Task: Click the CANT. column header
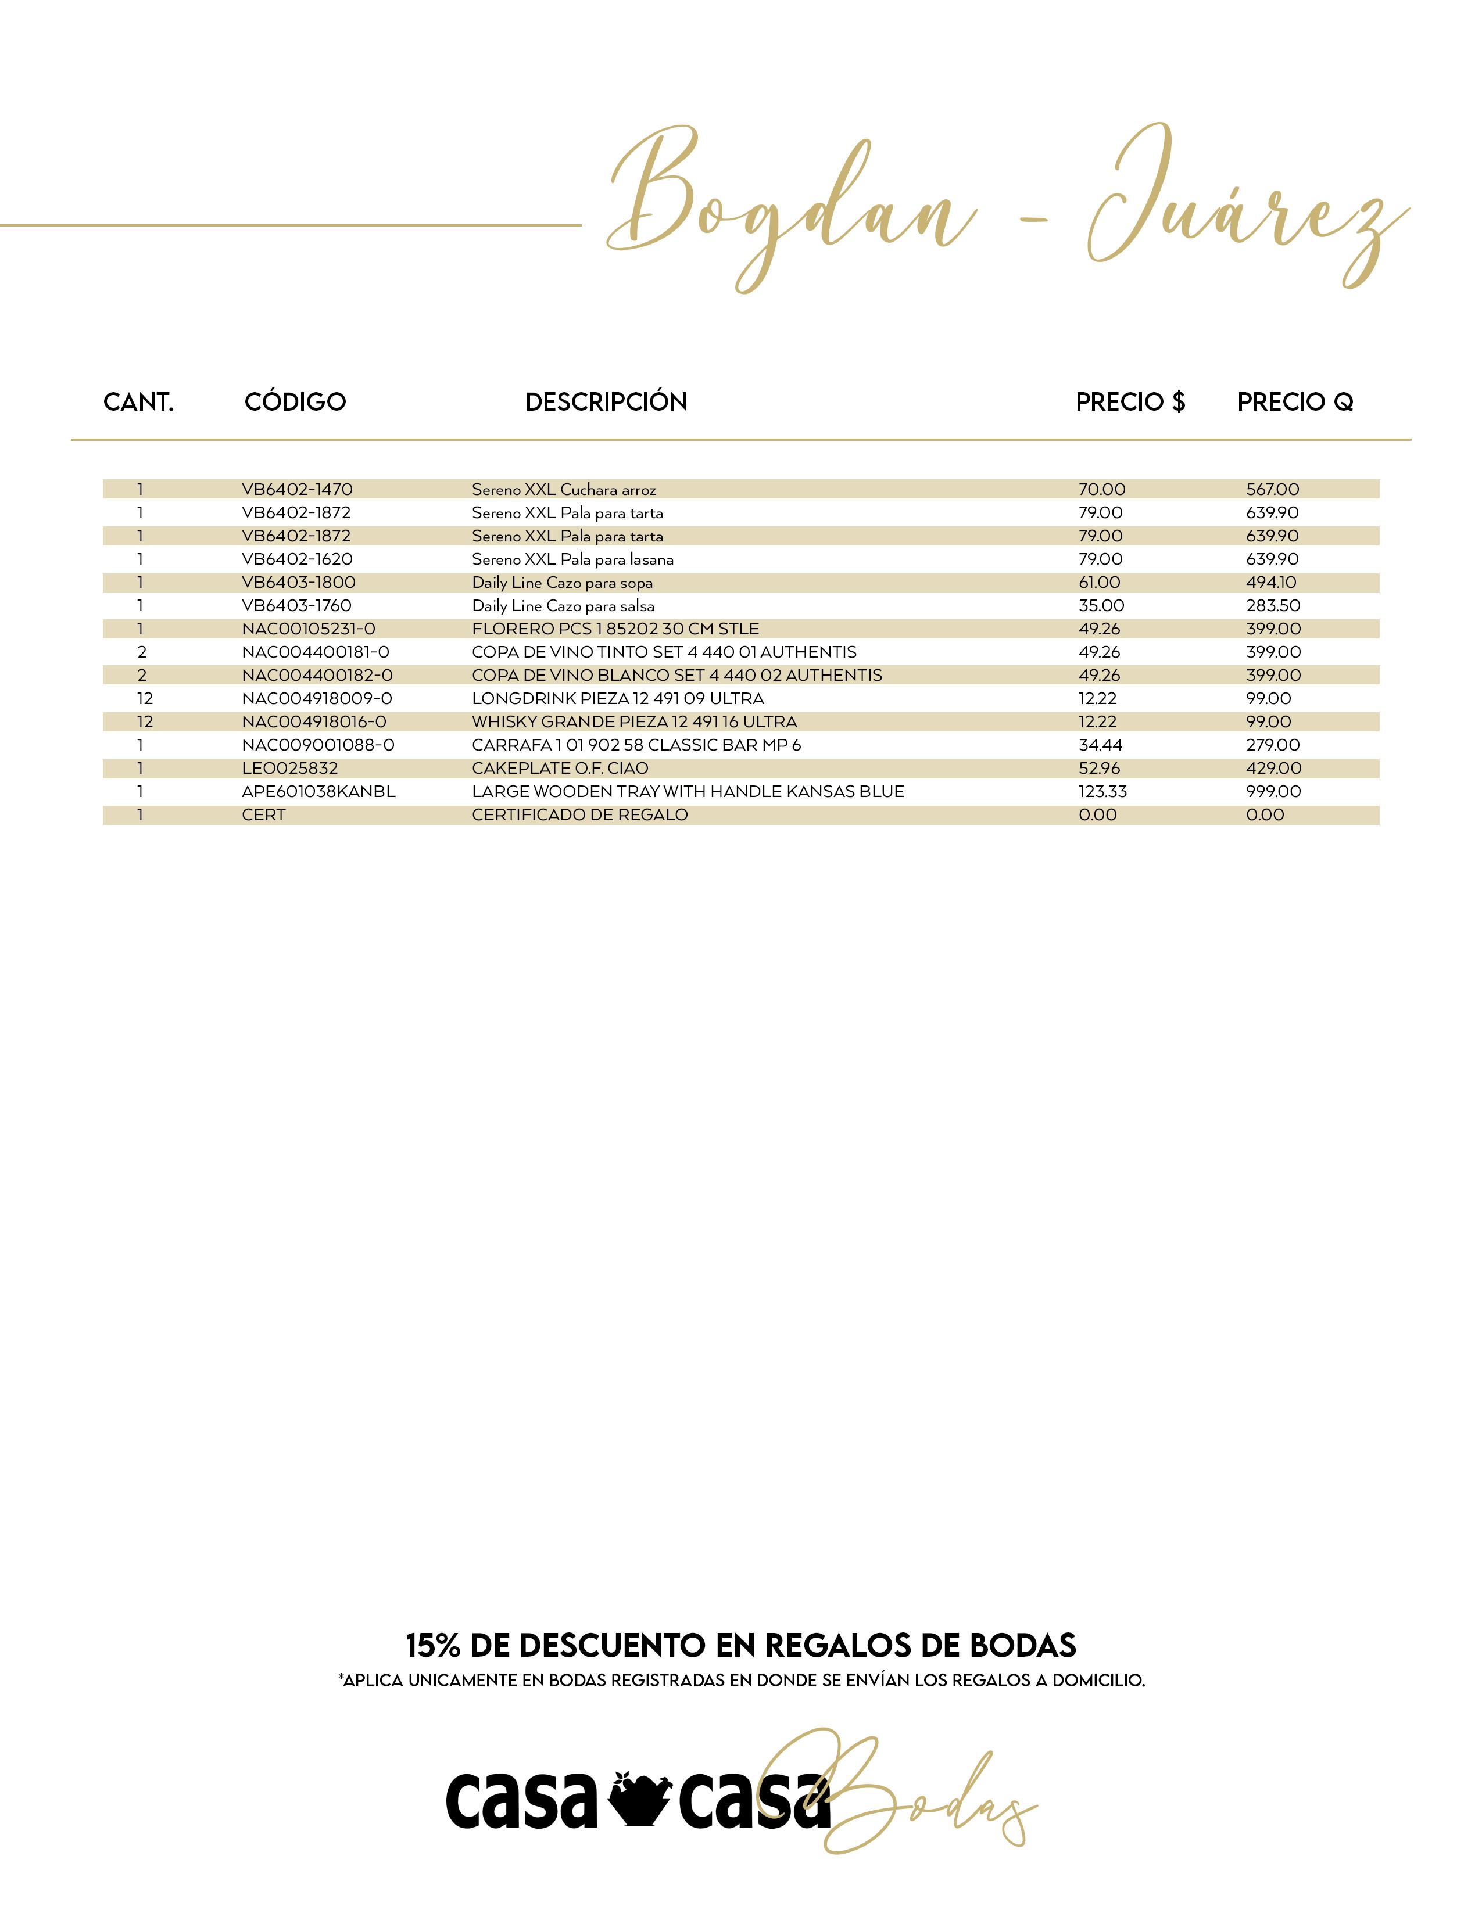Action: (x=139, y=402)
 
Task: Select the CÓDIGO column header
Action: (x=295, y=402)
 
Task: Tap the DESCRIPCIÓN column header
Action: (x=606, y=402)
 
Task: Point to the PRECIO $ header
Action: (x=1130, y=402)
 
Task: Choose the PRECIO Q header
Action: (x=1295, y=402)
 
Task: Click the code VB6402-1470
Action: (x=297, y=489)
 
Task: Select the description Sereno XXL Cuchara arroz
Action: (x=564, y=490)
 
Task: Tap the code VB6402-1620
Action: (x=297, y=559)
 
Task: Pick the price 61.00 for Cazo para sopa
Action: (x=1099, y=582)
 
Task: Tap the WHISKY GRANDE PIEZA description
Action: (x=634, y=721)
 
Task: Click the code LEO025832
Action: (x=290, y=768)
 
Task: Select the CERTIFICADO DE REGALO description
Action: (x=579, y=814)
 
